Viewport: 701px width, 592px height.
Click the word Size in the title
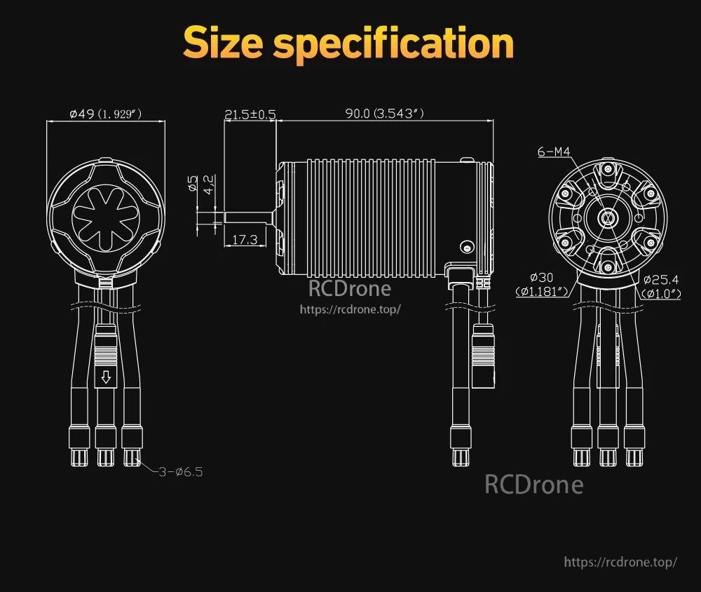pos(222,43)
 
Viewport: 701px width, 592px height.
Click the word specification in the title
pos(393,45)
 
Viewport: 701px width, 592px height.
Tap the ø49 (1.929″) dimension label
pos(106,114)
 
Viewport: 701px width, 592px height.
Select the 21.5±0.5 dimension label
pos(250,114)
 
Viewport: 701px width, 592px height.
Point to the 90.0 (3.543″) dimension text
pos(384,114)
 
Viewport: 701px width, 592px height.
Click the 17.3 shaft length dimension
pos(245,240)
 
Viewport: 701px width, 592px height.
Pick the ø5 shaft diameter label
pos(193,183)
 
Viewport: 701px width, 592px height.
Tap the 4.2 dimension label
pos(209,184)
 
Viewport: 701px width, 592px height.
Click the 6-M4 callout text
pos(554,152)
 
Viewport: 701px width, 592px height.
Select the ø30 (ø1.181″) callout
pos(542,285)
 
